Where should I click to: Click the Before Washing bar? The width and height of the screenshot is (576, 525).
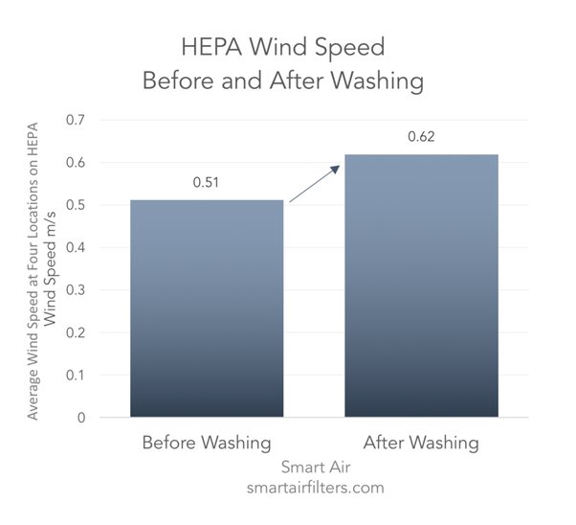[206, 308]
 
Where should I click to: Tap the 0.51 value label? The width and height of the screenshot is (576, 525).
[206, 182]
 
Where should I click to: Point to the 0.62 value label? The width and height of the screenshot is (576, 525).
[421, 137]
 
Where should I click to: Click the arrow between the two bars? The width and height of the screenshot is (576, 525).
[314, 184]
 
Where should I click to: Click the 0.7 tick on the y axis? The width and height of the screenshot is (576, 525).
[74, 121]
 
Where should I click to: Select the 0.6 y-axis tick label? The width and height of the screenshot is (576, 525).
[74, 163]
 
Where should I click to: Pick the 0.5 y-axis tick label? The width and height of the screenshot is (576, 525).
[74, 205]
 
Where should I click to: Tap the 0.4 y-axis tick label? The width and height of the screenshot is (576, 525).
[74, 248]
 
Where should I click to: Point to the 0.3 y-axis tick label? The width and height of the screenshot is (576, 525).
[74, 290]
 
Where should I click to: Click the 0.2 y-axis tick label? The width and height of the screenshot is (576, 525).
[74, 332]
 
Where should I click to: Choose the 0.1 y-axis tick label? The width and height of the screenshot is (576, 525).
[74, 376]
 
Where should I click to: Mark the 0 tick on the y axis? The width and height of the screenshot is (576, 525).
[80, 418]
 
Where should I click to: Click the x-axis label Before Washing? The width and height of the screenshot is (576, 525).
[206, 443]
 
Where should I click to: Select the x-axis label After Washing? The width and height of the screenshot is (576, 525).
[420, 443]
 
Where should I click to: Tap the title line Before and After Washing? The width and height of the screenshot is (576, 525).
[282, 80]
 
